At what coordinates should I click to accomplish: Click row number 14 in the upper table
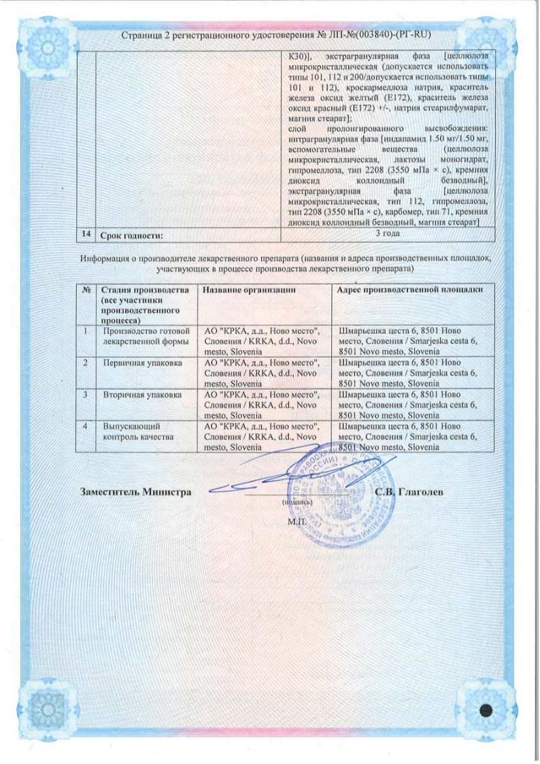[86, 235]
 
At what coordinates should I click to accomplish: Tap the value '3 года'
[388, 234]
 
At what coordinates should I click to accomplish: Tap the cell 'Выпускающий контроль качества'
[137, 431]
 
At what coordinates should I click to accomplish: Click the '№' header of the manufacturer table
[86, 290]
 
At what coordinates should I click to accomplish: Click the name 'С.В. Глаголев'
[409, 492]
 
